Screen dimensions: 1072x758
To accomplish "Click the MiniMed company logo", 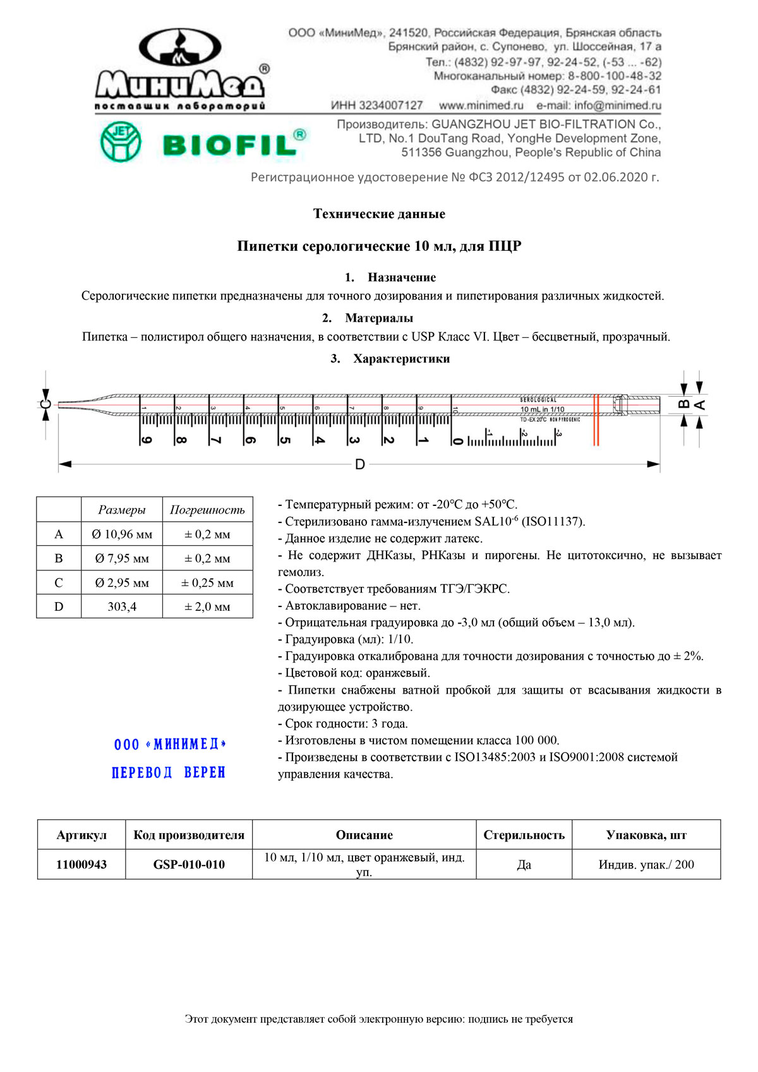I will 180,69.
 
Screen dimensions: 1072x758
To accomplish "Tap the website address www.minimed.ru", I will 481,105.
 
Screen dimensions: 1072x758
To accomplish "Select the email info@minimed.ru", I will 598,105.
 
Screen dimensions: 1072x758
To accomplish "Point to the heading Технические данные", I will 379,214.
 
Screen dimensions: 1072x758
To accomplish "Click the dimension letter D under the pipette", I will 359,465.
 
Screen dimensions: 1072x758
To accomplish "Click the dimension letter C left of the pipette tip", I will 45,404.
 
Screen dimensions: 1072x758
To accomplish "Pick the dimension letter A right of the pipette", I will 699,405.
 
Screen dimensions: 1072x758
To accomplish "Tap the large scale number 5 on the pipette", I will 285,440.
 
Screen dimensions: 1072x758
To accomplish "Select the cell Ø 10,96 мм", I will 122,534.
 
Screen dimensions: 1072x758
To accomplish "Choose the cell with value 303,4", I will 122,607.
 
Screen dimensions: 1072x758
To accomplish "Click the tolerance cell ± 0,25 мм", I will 207,583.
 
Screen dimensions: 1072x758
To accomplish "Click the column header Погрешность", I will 207,510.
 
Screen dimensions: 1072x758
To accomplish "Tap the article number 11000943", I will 81,865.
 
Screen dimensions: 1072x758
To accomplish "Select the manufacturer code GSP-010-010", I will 189,865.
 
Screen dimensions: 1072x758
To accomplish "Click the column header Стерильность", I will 524,835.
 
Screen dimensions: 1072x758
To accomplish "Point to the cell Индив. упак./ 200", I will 646,865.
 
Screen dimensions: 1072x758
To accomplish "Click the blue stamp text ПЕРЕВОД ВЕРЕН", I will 169,773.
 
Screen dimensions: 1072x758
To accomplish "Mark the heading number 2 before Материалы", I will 327,318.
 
